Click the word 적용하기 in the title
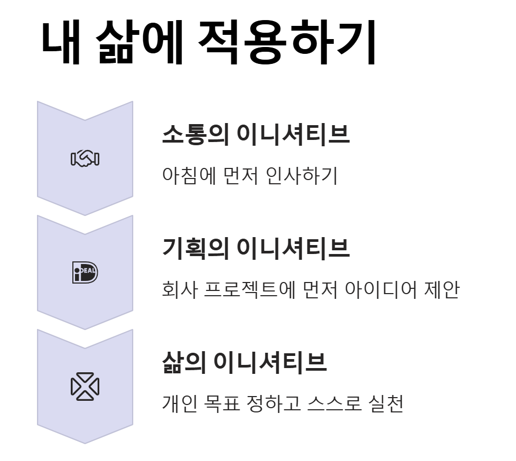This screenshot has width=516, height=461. pyautogui.click(x=286, y=44)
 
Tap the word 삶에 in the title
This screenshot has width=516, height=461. pyautogui.click(x=139, y=44)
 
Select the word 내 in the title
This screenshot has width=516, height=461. pyautogui.click(x=62, y=44)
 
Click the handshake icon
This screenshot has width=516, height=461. pyautogui.click(x=85, y=158)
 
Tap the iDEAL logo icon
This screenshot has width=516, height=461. pyautogui.click(x=85, y=272)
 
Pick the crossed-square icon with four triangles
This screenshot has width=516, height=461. pyautogui.click(x=85, y=387)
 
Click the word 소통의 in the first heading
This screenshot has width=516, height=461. pyautogui.click(x=195, y=135)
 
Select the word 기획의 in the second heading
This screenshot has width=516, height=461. pyautogui.click(x=195, y=249)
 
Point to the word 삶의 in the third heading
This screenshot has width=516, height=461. pyautogui.click(x=184, y=363)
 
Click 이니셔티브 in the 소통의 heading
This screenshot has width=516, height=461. pyautogui.click(x=293, y=135)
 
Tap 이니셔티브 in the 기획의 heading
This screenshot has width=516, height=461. pyautogui.click(x=293, y=249)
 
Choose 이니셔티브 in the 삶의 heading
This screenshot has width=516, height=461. pyautogui.click(x=270, y=363)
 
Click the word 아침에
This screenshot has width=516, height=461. pyautogui.click(x=189, y=176)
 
